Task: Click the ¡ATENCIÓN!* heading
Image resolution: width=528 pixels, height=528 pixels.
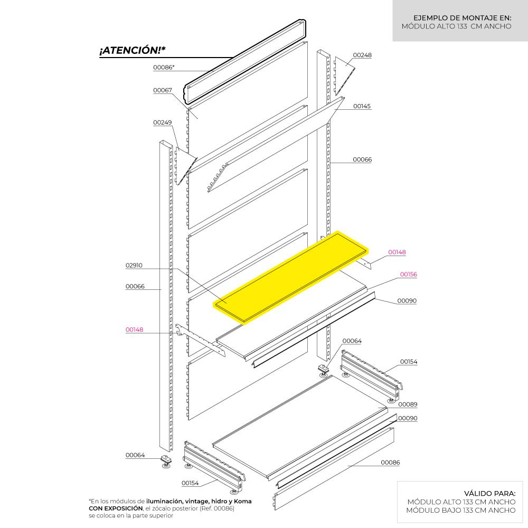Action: point(133,50)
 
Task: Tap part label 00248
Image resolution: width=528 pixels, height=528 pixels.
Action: point(362,55)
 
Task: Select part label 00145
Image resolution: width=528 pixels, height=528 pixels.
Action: point(362,106)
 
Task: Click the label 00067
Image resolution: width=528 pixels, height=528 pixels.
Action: point(162,90)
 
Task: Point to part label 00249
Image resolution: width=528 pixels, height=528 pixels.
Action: point(162,122)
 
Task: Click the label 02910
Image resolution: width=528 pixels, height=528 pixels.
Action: point(134,266)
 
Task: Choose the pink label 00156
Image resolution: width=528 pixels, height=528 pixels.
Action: point(409,275)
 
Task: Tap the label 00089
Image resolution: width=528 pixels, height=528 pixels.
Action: point(408,404)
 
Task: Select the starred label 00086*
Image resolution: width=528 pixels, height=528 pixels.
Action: point(164,68)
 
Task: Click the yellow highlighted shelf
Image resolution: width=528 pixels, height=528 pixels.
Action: point(291,277)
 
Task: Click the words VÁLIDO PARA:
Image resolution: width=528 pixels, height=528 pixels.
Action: point(489,493)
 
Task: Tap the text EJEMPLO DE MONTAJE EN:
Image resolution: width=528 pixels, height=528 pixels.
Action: point(463,18)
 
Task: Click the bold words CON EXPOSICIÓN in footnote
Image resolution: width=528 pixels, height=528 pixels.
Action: point(116,508)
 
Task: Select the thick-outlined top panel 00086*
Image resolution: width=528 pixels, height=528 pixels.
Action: point(245,62)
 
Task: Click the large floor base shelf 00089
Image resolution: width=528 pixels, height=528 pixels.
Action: point(300,428)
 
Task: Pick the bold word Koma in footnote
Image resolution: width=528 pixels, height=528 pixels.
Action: point(242,501)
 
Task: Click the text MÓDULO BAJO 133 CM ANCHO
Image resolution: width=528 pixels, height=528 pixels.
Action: point(460,510)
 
